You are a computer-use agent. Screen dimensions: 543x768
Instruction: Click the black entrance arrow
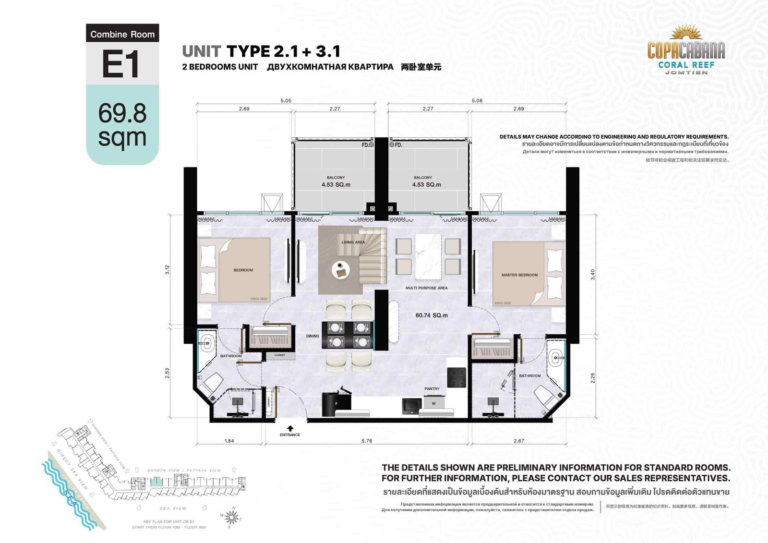coord(290,428)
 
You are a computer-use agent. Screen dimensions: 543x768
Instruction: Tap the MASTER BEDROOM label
coord(519,275)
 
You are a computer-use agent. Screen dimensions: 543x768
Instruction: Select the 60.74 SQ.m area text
coord(431,315)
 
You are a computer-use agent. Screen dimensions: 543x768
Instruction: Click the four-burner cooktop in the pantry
coord(456,377)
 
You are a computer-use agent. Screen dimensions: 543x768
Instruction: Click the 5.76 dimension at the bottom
coord(367,441)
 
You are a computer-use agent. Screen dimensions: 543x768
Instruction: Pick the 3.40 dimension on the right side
coord(592,275)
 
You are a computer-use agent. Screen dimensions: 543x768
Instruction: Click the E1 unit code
coord(121,64)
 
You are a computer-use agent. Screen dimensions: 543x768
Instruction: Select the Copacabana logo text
coord(686,49)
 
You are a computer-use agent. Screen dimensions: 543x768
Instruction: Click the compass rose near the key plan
coord(231,517)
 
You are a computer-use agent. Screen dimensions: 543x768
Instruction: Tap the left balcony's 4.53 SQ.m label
coord(336,184)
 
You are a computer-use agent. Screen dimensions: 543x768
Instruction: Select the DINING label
coord(312,336)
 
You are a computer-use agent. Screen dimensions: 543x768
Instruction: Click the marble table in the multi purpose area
coord(428,256)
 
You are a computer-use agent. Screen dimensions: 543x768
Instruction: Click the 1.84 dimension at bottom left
coord(229,441)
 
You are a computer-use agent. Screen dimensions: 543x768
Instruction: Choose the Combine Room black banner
coord(122,34)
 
